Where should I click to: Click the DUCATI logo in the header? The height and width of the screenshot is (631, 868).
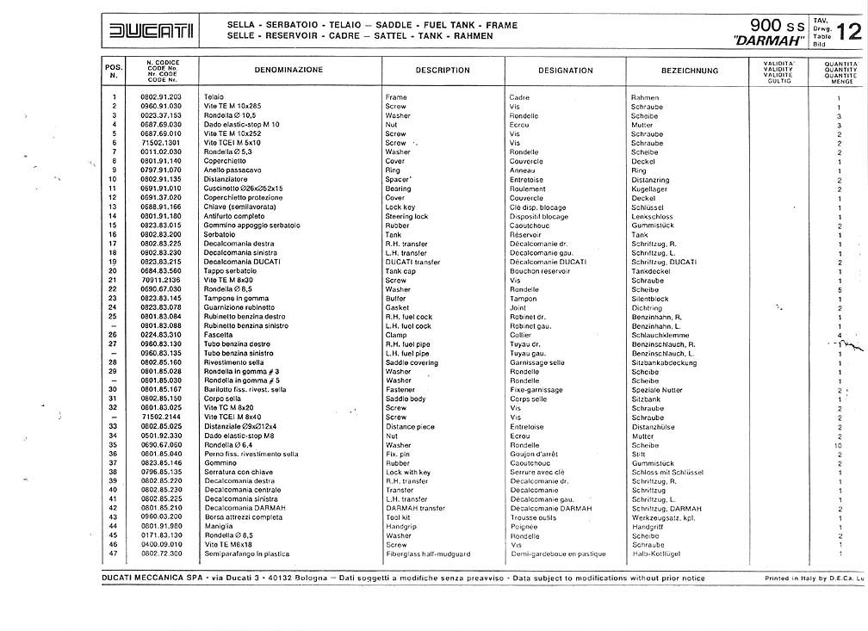click(x=151, y=32)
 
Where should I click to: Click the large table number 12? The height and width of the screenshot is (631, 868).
click(x=847, y=32)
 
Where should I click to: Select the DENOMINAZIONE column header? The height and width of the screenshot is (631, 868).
click(x=288, y=70)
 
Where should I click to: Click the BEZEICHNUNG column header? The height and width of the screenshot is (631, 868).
click(x=690, y=71)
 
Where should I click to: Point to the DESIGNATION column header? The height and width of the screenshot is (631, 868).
click(x=566, y=71)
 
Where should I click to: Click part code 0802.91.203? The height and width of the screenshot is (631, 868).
click(x=162, y=97)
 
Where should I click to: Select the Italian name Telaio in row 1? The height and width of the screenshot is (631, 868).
click(x=214, y=97)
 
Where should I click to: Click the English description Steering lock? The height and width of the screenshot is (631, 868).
click(x=406, y=216)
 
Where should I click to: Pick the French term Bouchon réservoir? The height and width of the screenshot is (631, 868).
click(x=540, y=271)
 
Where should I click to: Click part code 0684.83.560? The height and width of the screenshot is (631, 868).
click(x=162, y=271)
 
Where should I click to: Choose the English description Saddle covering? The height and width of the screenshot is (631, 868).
click(x=412, y=362)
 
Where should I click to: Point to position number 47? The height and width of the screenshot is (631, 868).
click(x=113, y=554)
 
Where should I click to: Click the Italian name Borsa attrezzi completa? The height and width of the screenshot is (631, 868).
click(x=244, y=517)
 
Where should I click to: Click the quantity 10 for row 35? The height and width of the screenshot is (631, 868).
click(x=838, y=445)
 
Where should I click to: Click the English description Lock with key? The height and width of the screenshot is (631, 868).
click(x=408, y=472)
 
